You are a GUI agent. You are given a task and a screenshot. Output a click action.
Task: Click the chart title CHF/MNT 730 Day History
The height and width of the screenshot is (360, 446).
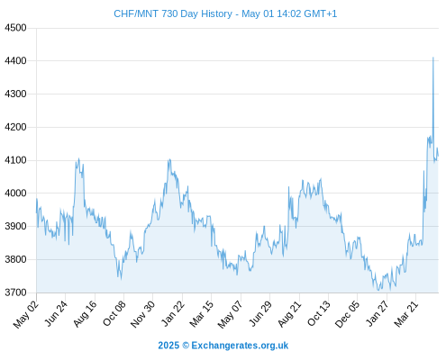(x=173, y=13)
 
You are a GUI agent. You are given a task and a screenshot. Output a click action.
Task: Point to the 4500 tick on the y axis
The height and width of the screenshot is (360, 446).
(x=15, y=28)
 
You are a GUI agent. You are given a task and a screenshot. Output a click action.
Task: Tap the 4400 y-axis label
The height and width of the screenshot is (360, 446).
(x=15, y=61)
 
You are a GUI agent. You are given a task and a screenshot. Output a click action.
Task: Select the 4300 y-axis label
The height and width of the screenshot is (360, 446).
(x=15, y=94)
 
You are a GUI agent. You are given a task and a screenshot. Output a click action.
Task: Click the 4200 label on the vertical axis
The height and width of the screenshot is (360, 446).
(x=15, y=127)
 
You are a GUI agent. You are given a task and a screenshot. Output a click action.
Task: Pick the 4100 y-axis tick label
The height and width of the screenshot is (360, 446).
(x=15, y=160)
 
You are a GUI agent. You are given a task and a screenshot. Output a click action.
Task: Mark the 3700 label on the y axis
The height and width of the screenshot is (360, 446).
(x=15, y=292)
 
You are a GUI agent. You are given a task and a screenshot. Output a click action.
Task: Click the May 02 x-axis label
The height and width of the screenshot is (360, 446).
(x=26, y=314)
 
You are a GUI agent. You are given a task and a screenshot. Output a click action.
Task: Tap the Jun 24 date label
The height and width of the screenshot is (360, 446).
(x=56, y=313)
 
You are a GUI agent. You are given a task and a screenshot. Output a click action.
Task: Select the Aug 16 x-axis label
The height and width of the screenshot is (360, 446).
(x=86, y=313)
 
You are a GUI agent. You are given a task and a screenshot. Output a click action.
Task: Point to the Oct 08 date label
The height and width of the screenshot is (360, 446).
(x=114, y=313)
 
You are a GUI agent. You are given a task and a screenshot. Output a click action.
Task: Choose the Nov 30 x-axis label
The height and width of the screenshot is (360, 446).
(x=142, y=314)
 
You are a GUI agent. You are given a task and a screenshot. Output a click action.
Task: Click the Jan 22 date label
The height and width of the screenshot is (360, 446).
(x=173, y=313)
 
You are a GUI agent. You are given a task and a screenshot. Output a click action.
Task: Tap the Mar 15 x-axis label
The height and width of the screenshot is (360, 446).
(x=202, y=313)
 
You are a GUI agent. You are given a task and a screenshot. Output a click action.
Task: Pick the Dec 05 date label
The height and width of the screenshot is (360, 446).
(x=347, y=314)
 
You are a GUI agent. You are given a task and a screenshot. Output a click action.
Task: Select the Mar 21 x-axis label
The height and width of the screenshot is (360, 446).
(x=406, y=313)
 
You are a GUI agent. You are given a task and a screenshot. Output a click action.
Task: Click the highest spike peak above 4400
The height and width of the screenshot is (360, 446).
(x=433, y=58)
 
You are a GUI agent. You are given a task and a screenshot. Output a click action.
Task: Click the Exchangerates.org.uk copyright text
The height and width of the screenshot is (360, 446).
(x=240, y=346)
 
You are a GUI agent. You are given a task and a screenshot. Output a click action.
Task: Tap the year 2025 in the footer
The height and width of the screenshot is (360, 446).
(x=168, y=346)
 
